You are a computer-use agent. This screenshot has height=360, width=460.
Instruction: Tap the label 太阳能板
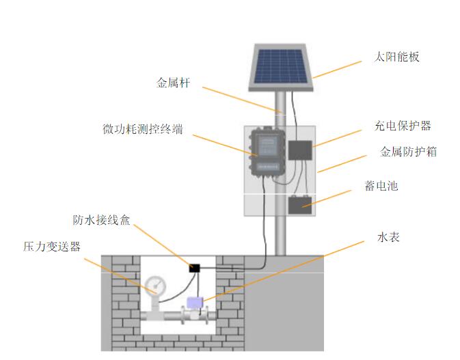pos(397,57)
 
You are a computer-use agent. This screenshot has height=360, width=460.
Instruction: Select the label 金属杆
pos(173,83)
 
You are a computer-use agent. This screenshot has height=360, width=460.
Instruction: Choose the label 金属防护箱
pos(408,152)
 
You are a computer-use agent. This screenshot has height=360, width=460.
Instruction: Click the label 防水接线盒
pos(101,220)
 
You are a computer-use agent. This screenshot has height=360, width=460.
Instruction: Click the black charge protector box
pos(299,150)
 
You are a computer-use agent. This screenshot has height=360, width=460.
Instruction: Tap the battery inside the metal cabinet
pos(299,204)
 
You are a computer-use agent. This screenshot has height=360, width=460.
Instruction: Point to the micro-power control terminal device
pos(266,152)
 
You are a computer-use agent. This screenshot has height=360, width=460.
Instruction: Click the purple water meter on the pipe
pos(195,303)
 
